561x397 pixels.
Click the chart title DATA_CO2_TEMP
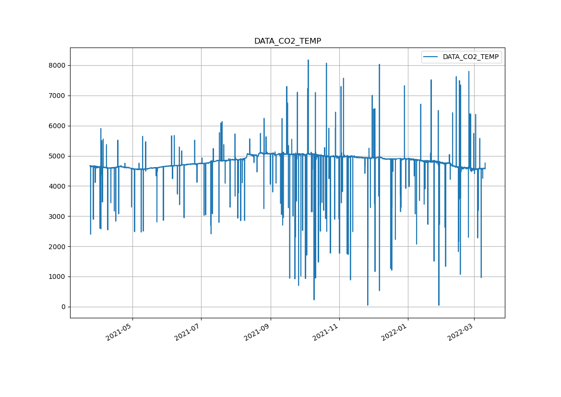tap(287, 41)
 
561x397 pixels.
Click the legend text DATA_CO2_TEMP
tap(470, 57)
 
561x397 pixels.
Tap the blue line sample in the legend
tap(431, 57)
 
